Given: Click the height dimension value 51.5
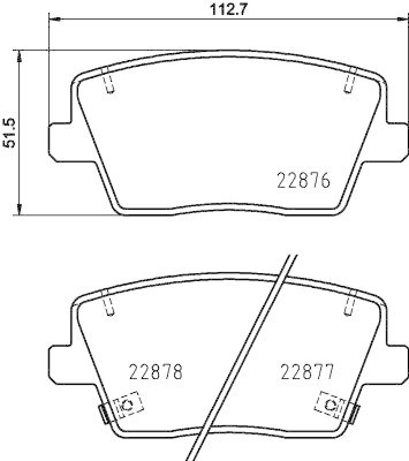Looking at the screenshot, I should tap(10, 134).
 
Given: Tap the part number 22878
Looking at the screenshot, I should tap(156, 372).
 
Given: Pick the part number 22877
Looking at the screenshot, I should tap(307, 372).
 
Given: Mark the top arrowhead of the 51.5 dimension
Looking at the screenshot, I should tap(20, 56).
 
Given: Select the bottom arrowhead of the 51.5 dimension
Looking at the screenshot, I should tap(20, 209).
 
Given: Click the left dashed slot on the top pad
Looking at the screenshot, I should tap(108, 80).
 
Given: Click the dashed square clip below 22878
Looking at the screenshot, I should tap(128, 407).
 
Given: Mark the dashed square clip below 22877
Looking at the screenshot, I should tap(330, 404).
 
